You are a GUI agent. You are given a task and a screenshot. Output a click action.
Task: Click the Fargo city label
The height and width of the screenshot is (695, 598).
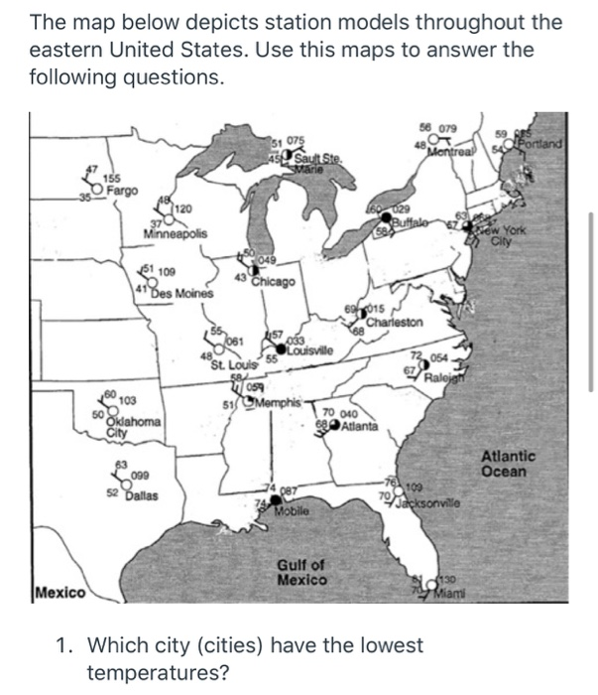pyautogui.click(x=124, y=190)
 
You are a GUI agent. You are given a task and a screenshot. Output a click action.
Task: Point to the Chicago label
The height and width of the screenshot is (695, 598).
pyautogui.click(x=271, y=282)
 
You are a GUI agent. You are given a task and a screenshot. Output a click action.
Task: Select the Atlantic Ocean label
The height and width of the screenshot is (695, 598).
pyautogui.click(x=508, y=464)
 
